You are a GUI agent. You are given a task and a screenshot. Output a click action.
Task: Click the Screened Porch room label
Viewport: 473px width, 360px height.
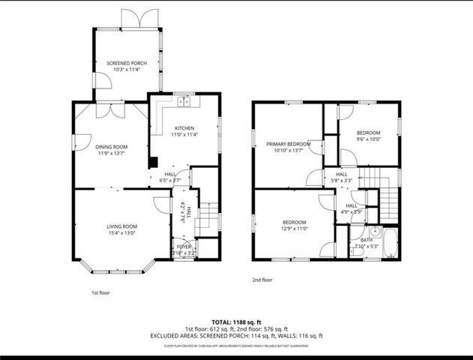(127, 63)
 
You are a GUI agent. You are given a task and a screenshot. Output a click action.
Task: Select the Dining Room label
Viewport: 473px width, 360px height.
(110, 147)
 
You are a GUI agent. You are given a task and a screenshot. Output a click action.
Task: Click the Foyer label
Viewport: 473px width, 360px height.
(184, 246)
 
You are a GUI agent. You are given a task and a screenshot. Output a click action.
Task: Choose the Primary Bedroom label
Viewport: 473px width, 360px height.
(289, 143)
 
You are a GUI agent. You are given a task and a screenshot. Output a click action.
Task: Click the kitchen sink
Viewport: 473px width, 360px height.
(184, 101)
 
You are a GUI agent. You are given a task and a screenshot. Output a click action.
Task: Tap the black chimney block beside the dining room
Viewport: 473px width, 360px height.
(153, 161)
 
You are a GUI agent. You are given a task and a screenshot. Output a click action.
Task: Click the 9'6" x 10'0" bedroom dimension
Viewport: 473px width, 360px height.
(368, 139)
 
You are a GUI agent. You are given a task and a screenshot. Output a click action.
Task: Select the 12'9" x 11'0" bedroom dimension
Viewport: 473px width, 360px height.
(294, 228)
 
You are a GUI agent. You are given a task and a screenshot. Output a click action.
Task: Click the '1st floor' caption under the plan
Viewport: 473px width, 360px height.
(100, 293)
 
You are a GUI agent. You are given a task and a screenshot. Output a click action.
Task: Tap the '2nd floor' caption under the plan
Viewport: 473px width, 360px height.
(262, 280)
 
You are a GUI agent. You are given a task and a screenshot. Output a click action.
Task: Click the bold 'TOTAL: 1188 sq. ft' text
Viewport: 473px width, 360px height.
(236, 320)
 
